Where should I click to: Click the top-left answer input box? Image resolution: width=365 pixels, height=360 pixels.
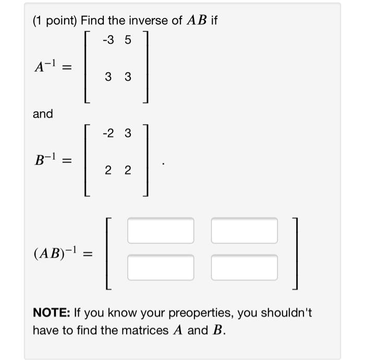161,230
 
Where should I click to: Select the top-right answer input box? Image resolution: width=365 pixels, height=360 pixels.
244,230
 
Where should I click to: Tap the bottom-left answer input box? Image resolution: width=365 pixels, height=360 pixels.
161,267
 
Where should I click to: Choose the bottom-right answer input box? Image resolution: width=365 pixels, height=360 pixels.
244,267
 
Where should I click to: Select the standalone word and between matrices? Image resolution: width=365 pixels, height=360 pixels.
43,114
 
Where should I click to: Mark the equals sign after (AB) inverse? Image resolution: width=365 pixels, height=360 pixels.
88,254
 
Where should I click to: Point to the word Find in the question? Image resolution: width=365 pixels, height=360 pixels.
93,20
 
